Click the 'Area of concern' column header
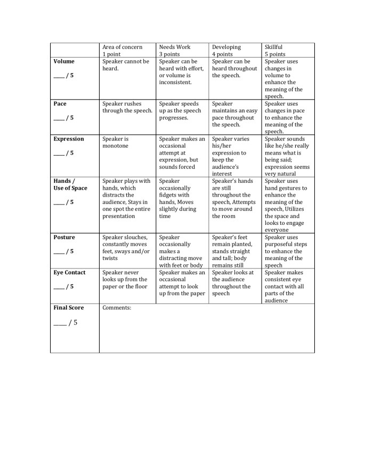point(122,47)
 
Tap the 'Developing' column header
point(226,47)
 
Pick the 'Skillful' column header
point(273,47)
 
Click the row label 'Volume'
point(64,61)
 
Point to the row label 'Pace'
point(60,103)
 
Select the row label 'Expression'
point(69,139)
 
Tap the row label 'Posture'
point(64,237)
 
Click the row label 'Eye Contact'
point(69,272)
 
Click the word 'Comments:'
point(117,307)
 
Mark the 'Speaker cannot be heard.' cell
point(126,65)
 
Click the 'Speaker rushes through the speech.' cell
point(127,107)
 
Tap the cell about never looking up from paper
point(125,279)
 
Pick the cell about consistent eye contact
point(285,286)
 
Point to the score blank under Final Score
point(60,322)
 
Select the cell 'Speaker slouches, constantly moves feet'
point(126,248)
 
